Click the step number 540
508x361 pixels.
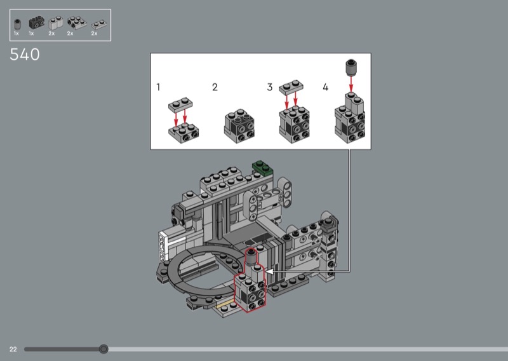tap(25, 55)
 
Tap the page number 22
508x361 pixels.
tap(13, 349)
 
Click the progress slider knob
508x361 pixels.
tap(104, 349)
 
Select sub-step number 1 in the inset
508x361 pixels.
tap(158, 87)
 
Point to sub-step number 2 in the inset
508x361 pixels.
tap(215, 87)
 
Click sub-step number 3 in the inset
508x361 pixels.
tap(270, 87)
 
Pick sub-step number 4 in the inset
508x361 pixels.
tap(326, 87)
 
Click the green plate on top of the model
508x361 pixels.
tap(263, 168)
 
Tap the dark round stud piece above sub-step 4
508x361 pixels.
tap(351, 67)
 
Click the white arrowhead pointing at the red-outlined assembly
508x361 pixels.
tap(269, 271)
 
